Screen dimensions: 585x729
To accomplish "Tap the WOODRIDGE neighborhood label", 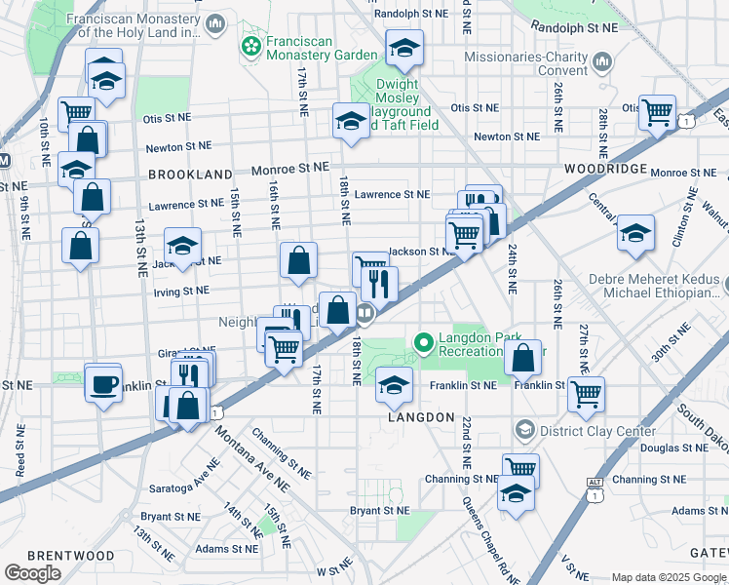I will pos(606,169).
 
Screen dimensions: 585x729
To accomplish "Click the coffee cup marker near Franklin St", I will pos(102,384).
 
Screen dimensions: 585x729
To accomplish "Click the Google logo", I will pos(32,572).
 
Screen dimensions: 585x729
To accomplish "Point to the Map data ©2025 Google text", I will pos(669,577).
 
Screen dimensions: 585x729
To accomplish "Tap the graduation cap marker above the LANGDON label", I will pos(394,385).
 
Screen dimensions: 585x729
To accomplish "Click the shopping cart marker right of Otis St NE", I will pos(657,111).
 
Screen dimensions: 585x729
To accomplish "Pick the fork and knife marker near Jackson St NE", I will pos(379,284).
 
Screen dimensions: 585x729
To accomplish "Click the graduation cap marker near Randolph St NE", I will pos(404,46).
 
